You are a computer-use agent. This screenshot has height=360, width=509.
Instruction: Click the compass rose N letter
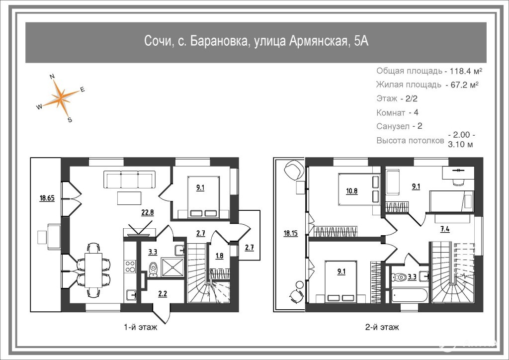[x=52, y=77]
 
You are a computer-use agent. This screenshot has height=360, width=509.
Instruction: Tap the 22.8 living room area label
[x=147, y=213]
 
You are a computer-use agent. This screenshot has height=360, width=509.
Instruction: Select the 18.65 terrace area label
[x=47, y=198]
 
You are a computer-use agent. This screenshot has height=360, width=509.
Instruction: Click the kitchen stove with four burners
[x=131, y=267]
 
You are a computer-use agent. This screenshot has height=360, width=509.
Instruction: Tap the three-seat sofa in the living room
[x=129, y=180]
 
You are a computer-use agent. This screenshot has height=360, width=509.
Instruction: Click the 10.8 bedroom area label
[x=351, y=191]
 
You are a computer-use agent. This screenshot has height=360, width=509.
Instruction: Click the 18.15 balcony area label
[x=290, y=233]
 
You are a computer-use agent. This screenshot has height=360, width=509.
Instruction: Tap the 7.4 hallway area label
[x=445, y=229]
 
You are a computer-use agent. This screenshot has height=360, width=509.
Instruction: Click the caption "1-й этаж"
[x=141, y=327]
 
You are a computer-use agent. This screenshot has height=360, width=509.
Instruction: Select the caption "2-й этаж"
[x=382, y=327]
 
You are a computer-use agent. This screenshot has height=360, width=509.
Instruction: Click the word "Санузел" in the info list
[x=393, y=126]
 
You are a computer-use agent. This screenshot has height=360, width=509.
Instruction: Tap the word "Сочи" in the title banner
[x=158, y=41]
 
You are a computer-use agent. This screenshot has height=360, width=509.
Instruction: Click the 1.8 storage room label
[x=219, y=256]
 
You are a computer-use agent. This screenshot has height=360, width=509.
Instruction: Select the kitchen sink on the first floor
[x=131, y=295]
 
